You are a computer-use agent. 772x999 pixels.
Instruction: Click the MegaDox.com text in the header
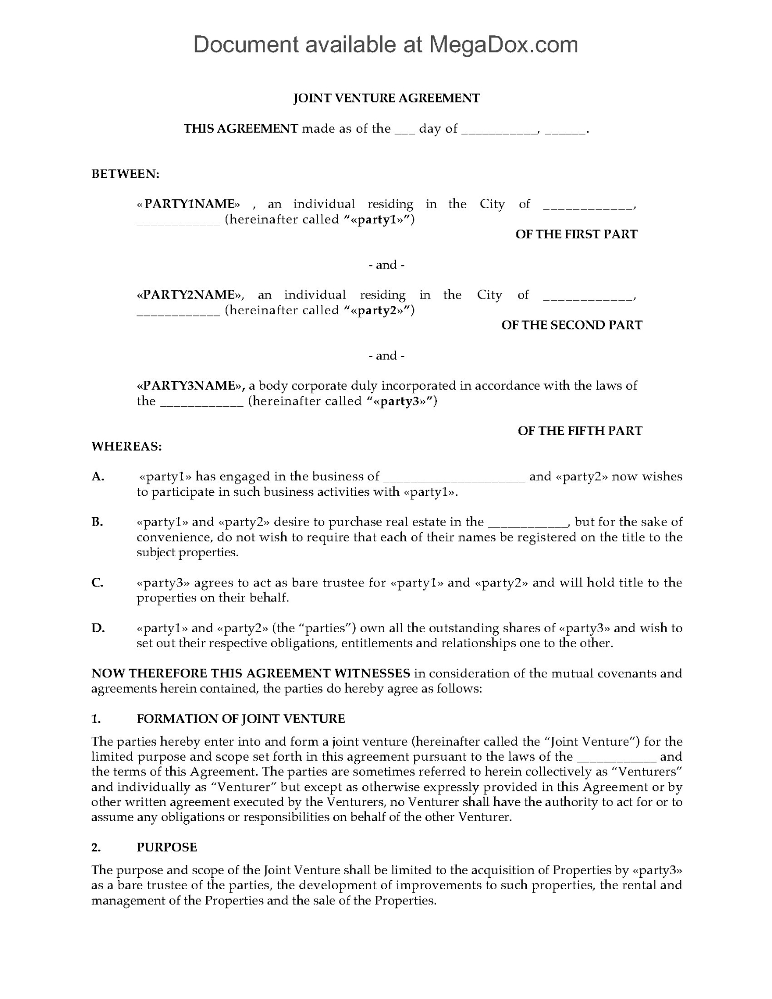click(x=503, y=45)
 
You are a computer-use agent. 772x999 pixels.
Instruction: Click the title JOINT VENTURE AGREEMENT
click(x=386, y=98)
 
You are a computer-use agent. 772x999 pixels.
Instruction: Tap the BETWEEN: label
click(x=125, y=174)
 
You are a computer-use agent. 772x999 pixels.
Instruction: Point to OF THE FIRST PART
click(x=576, y=234)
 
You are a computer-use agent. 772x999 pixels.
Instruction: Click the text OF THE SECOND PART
click(x=572, y=325)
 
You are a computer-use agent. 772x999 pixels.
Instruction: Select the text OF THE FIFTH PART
click(x=579, y=431)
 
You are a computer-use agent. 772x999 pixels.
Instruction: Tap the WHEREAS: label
click(x=126, y=446)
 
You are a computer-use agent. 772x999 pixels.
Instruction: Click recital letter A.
click(x=98, y=477)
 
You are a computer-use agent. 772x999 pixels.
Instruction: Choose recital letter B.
click(x=97, y=522)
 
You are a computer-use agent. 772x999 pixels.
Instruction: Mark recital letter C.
click(x=97, y=583)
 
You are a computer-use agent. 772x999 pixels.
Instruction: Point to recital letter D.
click(x=98, y=628)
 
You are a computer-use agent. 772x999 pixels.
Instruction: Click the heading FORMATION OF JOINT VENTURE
click(x=241, y=719)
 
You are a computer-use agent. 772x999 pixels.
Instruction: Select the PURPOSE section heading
click(x=167, y=847)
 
